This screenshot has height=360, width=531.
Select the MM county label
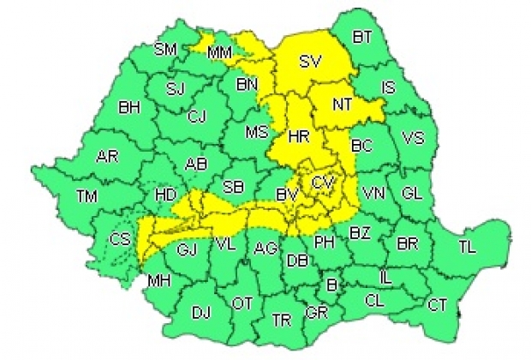point(219,54)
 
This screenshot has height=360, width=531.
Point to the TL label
point(466,247)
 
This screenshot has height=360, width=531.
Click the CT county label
point(437,303)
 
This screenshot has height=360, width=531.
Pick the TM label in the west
point(87,196)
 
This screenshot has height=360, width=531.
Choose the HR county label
point(299,136)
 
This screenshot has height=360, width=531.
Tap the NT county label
point(343,104)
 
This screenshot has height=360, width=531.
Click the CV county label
point(322,183)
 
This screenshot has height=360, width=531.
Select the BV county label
point(287,198)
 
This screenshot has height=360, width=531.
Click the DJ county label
point(200,313)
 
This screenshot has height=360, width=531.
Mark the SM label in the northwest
point(164,49)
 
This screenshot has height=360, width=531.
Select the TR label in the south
point(280,319)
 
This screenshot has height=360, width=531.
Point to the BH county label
point(129,108)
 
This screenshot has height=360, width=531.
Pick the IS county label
point(388,87)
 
